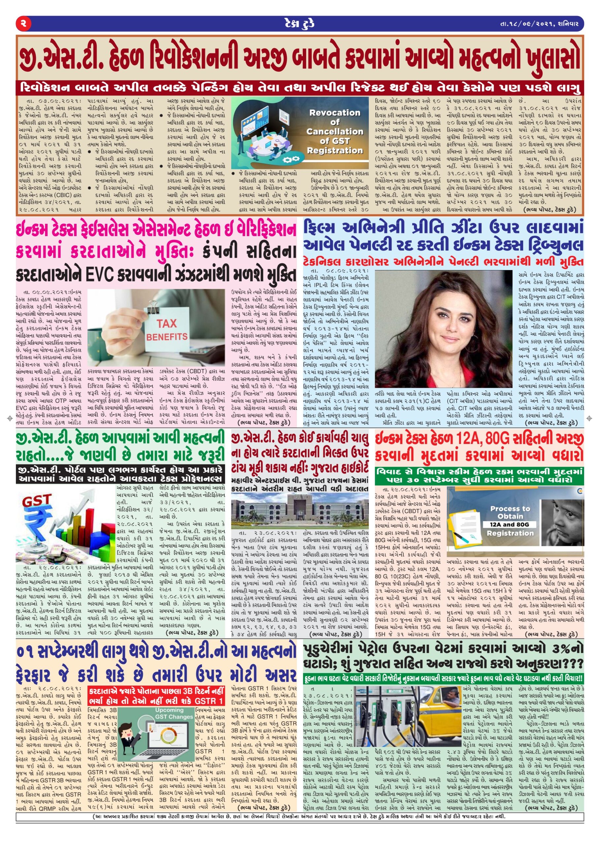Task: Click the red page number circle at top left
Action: click(x=23, y=24)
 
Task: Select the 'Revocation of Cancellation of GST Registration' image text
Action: click(x=335, y=132)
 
